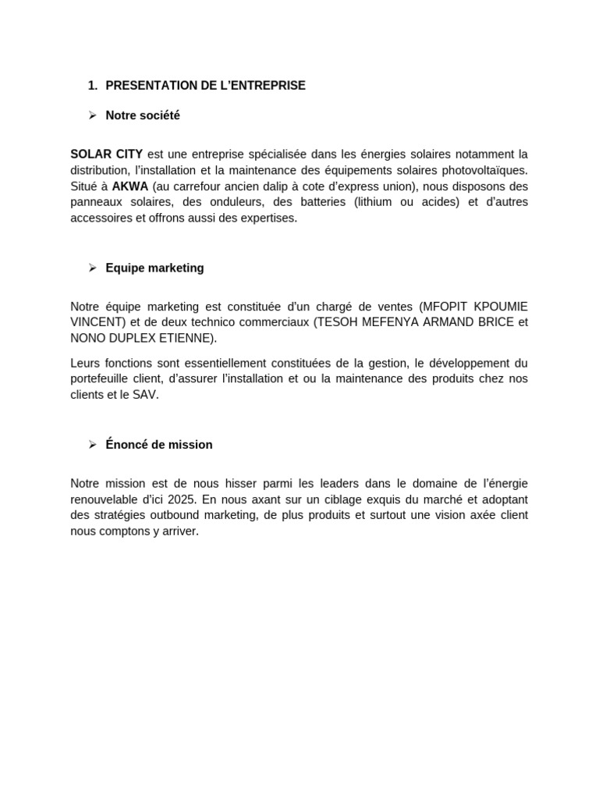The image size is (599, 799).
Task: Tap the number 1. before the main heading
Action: [93, 86]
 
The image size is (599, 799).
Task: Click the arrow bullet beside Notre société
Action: [92, 115]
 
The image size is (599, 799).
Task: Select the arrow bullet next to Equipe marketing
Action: [92, 268]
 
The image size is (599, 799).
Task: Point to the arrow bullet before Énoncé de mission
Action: [92, 445]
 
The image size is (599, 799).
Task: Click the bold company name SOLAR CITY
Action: [106, 154]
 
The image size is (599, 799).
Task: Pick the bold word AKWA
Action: [129, 186]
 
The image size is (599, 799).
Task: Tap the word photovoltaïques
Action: [484, 170]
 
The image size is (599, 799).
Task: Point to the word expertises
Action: [268, 218]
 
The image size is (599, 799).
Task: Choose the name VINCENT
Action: [97, 321]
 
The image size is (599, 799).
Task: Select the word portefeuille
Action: [104, 379]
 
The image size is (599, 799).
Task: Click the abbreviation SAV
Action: [144, 395]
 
